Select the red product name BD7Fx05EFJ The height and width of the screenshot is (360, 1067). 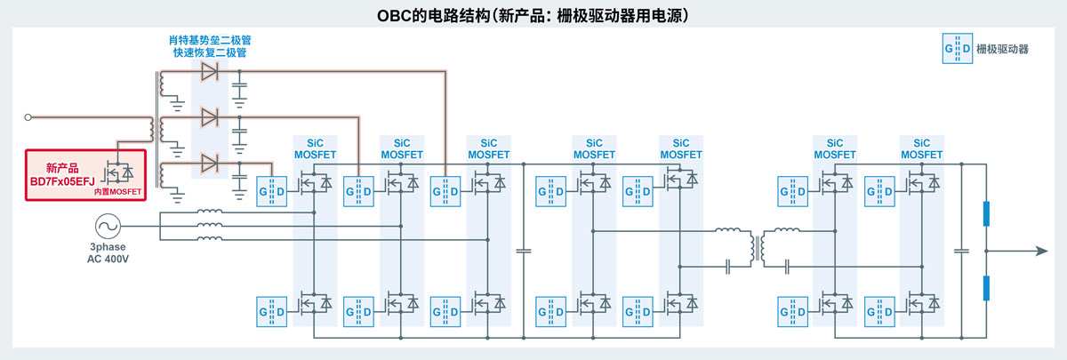(65, 180)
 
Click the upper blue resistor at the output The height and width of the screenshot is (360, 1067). (986, 215)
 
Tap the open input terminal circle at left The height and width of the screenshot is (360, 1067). (28, 116)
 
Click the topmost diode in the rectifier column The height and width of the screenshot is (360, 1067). (210, 71)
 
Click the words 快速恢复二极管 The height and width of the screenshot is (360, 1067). (210, 52)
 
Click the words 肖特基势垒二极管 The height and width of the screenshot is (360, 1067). (210, 40)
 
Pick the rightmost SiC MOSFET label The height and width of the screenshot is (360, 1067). (921, 148)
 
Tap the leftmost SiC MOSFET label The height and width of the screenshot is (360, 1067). (316, 148)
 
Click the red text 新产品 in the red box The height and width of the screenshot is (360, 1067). (62, 167)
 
